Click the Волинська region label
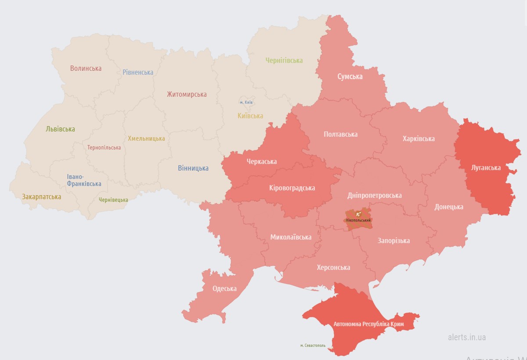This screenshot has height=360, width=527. [86, 68]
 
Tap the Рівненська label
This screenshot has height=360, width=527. [138, 72]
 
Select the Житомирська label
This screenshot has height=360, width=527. [187, 94]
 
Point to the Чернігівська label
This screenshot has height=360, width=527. [284, 60]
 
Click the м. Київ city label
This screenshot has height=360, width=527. [246, 102]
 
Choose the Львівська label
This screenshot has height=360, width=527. [60, 129]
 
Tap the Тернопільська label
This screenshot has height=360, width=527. [104, 147]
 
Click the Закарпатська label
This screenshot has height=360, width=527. [42, 196]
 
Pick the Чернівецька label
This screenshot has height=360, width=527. [113, 200]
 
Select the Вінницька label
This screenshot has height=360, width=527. [193, 168]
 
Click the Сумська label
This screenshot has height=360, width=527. [350, 76]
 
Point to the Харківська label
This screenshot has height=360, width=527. [419, 138]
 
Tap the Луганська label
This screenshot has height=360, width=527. [486, 167]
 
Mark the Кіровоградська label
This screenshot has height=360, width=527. [292, 188]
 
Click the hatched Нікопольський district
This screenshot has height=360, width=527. [358, 220]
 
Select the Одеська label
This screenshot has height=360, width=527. [224, 288]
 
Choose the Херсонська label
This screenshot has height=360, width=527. [334, 267]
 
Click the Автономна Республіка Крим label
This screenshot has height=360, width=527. [368, 324]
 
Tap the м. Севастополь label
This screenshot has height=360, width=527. [313, 345]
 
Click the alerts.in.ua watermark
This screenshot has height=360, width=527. [467, 337]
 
